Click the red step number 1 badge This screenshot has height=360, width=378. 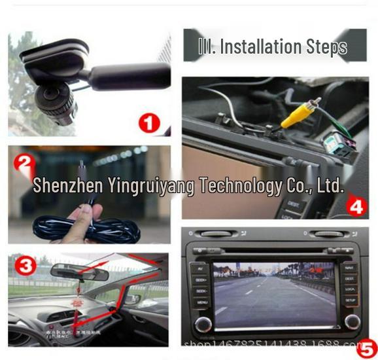click(150, 122)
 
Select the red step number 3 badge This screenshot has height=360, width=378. click(26, 266)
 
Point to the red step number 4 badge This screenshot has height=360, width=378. click(355, 207)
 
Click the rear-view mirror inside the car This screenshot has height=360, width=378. click(79, 271)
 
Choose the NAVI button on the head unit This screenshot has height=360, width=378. click(350, 268)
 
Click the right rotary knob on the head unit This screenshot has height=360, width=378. click(352, 321)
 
